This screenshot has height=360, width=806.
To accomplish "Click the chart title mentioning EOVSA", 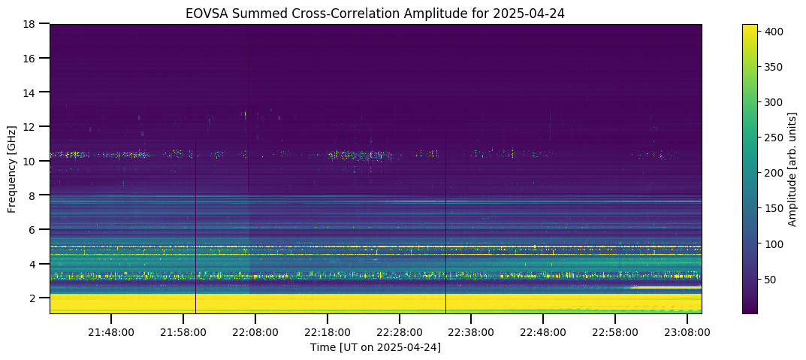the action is coord(376,14).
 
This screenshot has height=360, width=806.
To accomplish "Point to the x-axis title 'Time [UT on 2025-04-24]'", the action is coord(376,348).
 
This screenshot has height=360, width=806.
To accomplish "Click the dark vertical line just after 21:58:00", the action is coord(196,225).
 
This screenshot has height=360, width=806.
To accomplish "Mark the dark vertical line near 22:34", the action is coord(445,220).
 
